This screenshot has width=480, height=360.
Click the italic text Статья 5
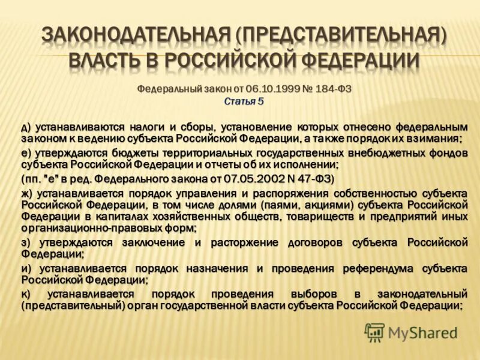click(x=244, y=101)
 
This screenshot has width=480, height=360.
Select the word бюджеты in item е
click(x=145, y=152)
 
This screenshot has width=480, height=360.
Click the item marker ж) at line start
click(x=27, y=193)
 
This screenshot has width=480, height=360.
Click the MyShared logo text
click(x=422, y=332)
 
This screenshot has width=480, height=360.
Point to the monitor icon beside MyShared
click(x=374, y=332)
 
